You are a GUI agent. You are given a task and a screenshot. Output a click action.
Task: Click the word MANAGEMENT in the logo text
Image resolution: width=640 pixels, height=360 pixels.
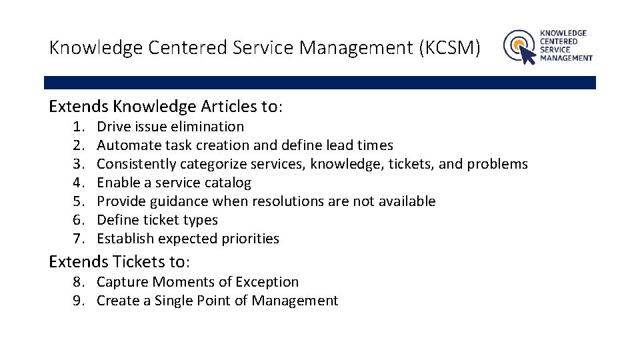pyautogui.click(x=565, y=58)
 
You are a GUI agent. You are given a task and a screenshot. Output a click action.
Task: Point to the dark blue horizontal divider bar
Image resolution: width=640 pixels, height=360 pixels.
pyautogui.click(x=320, y=83)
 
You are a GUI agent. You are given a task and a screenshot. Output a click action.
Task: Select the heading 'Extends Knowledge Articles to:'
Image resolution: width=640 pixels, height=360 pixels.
pyautogui.click(x=166, y=107)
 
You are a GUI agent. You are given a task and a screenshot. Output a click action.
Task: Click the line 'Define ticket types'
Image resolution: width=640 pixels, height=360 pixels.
pyautogui.click(x=157, y=220)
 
